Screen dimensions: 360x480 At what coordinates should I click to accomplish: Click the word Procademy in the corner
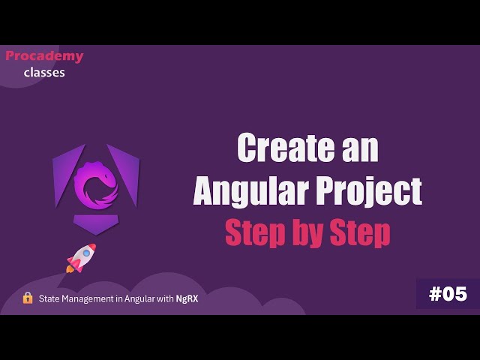tap(44, 56)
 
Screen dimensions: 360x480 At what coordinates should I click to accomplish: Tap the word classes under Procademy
tap(44, 73)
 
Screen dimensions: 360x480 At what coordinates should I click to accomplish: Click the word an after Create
tap(356, 148)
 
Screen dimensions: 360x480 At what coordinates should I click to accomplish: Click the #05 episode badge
tap(448, 295)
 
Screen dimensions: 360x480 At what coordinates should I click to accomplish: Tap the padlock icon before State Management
tap(28, 298)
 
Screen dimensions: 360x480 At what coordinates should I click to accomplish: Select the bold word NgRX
tap(187, 298)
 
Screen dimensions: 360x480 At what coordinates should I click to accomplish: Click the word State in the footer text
tap(50, 298)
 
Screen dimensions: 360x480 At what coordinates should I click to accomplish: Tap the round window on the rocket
tap(85, 253)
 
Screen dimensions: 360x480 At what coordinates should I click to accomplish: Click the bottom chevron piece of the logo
tap(95, 223)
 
